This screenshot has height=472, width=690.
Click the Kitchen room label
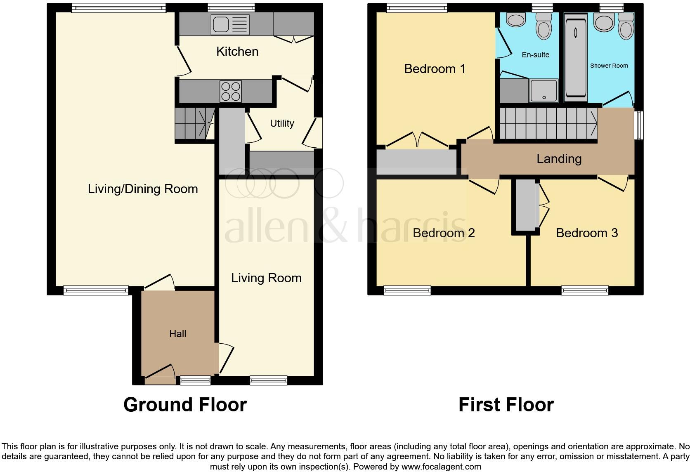[x=237, y=52]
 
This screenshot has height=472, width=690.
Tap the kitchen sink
[x=230, y=24]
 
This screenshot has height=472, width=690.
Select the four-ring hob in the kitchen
[x=231, y=92]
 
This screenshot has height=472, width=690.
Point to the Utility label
[x=282, y=123]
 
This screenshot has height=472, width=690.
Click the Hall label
[x=178, y=334]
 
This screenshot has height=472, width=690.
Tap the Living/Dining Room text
[x=143, y=189]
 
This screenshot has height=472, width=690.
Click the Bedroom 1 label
[x=435, y=68]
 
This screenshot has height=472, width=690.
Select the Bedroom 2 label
[x=444, y=233]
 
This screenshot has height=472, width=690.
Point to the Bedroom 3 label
[x=587, y=233]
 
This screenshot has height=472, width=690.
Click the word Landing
[x=559, y=159]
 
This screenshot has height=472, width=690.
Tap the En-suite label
[x=535, y=55]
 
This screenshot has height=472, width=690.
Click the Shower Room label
[x=609, y=66]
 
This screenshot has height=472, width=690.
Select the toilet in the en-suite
[x=543, y=26]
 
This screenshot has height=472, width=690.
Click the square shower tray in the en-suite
[x=543, y=90]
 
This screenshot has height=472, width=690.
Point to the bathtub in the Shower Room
[x=575, y=57]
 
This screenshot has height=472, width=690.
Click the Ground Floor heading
[x=185, y=405]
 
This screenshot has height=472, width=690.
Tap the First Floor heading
[x=506, y=405]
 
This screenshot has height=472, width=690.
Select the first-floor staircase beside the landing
[x=548, y=123]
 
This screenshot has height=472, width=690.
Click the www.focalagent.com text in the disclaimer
[x=442, y=467]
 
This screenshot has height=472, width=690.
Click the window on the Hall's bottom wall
[x=195, y=380]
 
